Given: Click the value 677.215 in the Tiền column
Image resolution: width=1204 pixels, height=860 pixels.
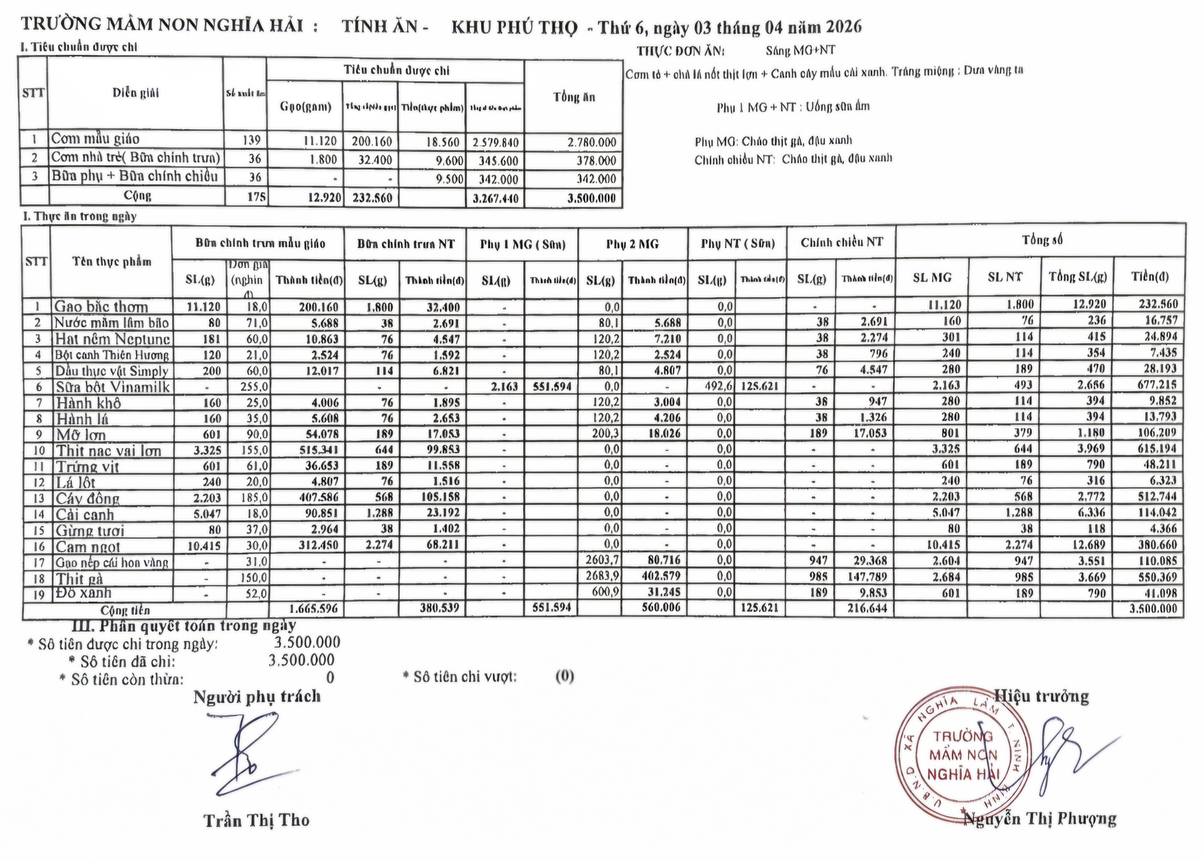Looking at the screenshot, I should coord(1150,385).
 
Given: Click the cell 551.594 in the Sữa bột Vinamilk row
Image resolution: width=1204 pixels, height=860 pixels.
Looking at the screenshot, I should coord(552,386).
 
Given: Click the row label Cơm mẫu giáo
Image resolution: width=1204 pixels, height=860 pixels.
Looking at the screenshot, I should coord(95,139).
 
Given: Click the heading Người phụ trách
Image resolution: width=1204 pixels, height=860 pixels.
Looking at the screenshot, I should coord(257,696).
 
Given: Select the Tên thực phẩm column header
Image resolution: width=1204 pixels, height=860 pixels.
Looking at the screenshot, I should coord(112,262).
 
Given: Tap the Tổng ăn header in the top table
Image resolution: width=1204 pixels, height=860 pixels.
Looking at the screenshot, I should coord(574,97).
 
